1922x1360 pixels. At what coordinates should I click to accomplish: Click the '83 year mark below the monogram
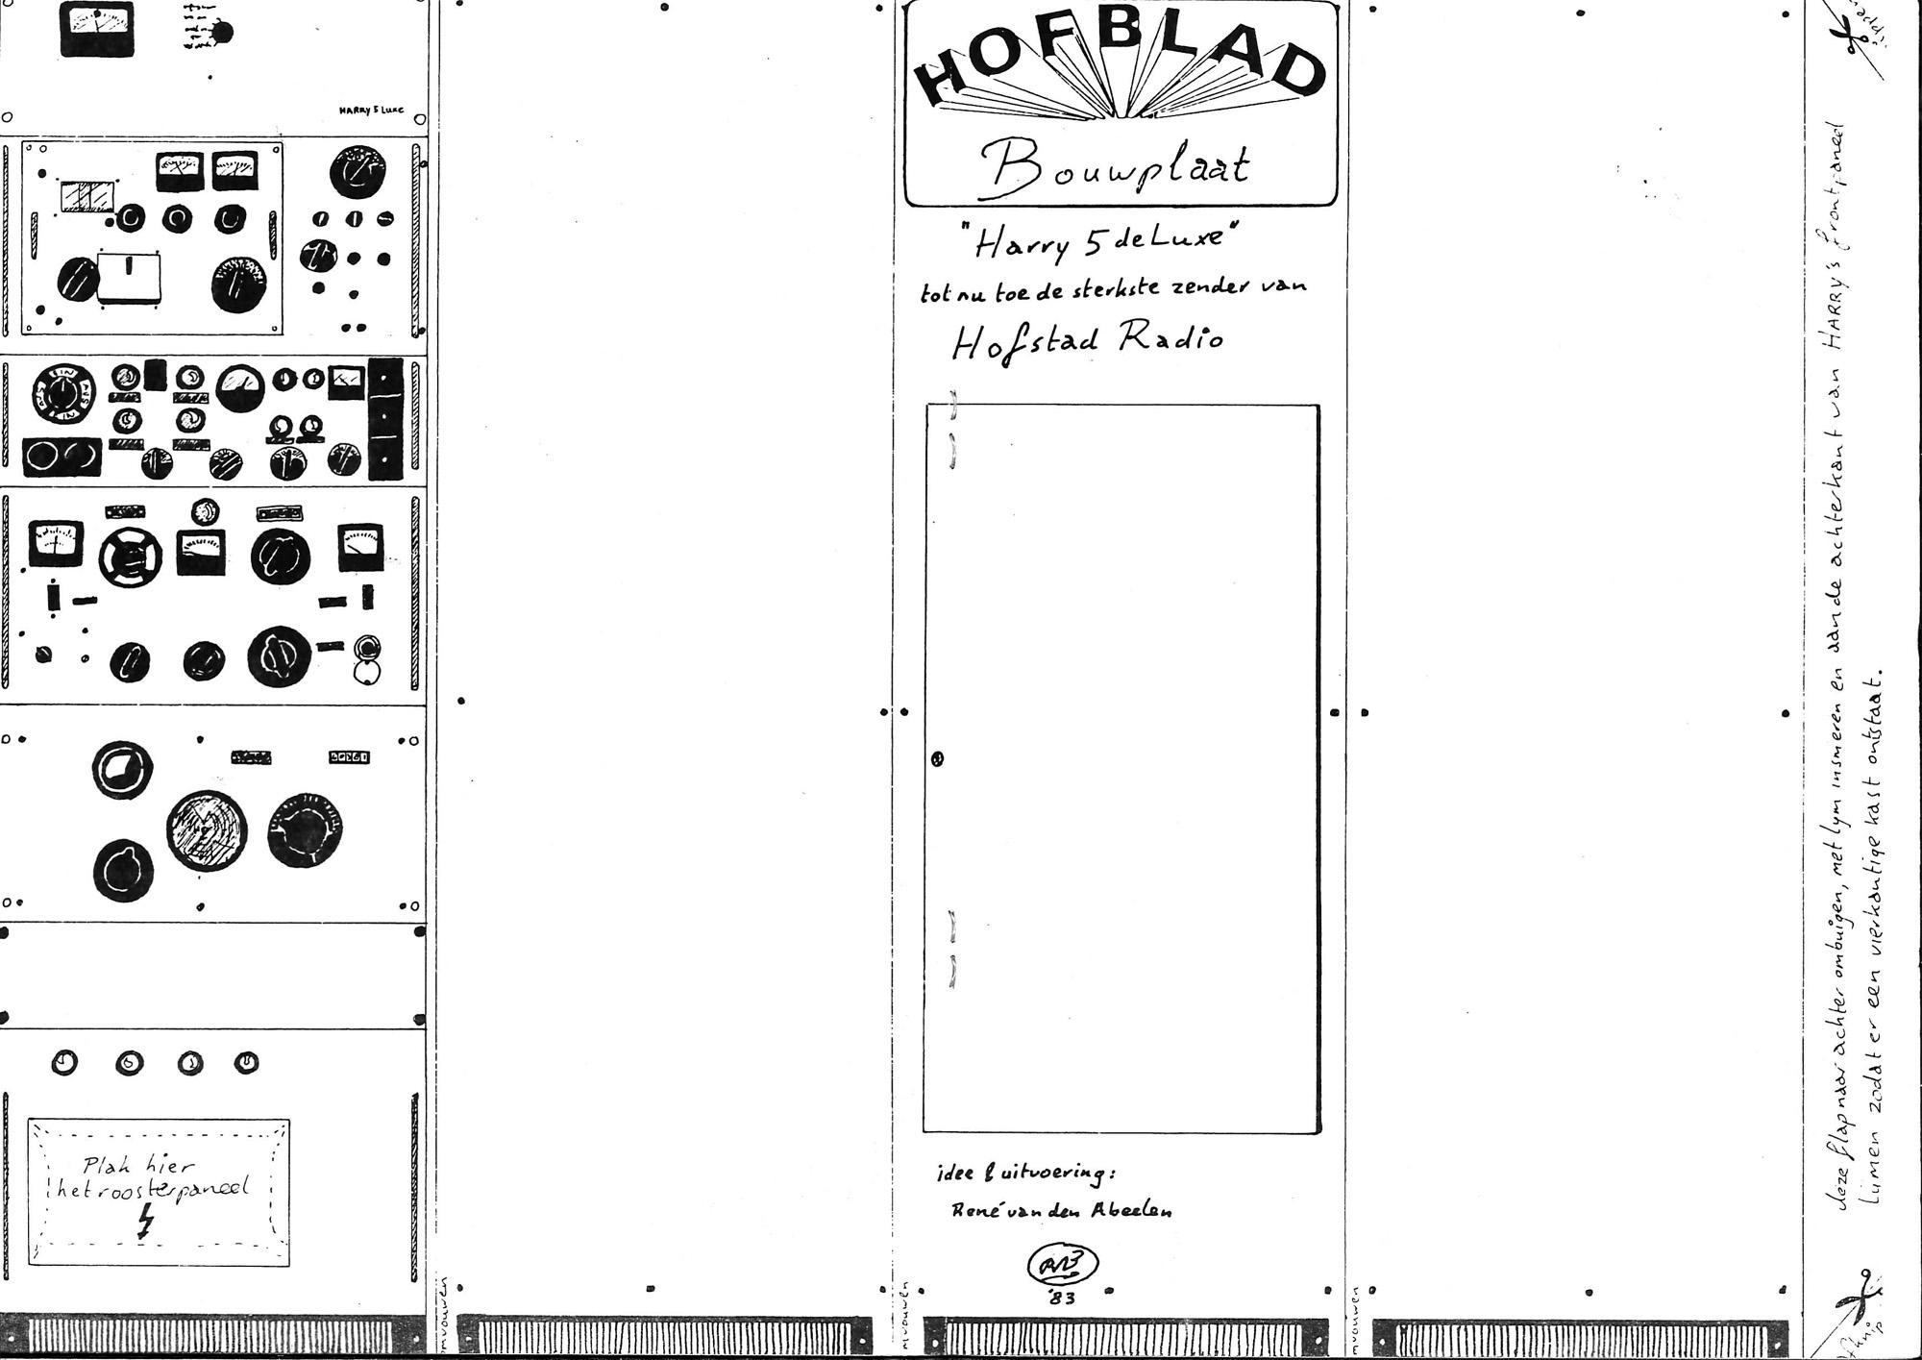[1063, 1298]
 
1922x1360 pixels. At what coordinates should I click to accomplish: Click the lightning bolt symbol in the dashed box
[146, 1224]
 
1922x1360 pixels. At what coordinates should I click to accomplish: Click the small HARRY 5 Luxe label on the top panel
[369, 111]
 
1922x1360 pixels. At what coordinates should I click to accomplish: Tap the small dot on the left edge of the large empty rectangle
[939, 758]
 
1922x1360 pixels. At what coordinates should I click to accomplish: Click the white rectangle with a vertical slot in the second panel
[129, 277]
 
